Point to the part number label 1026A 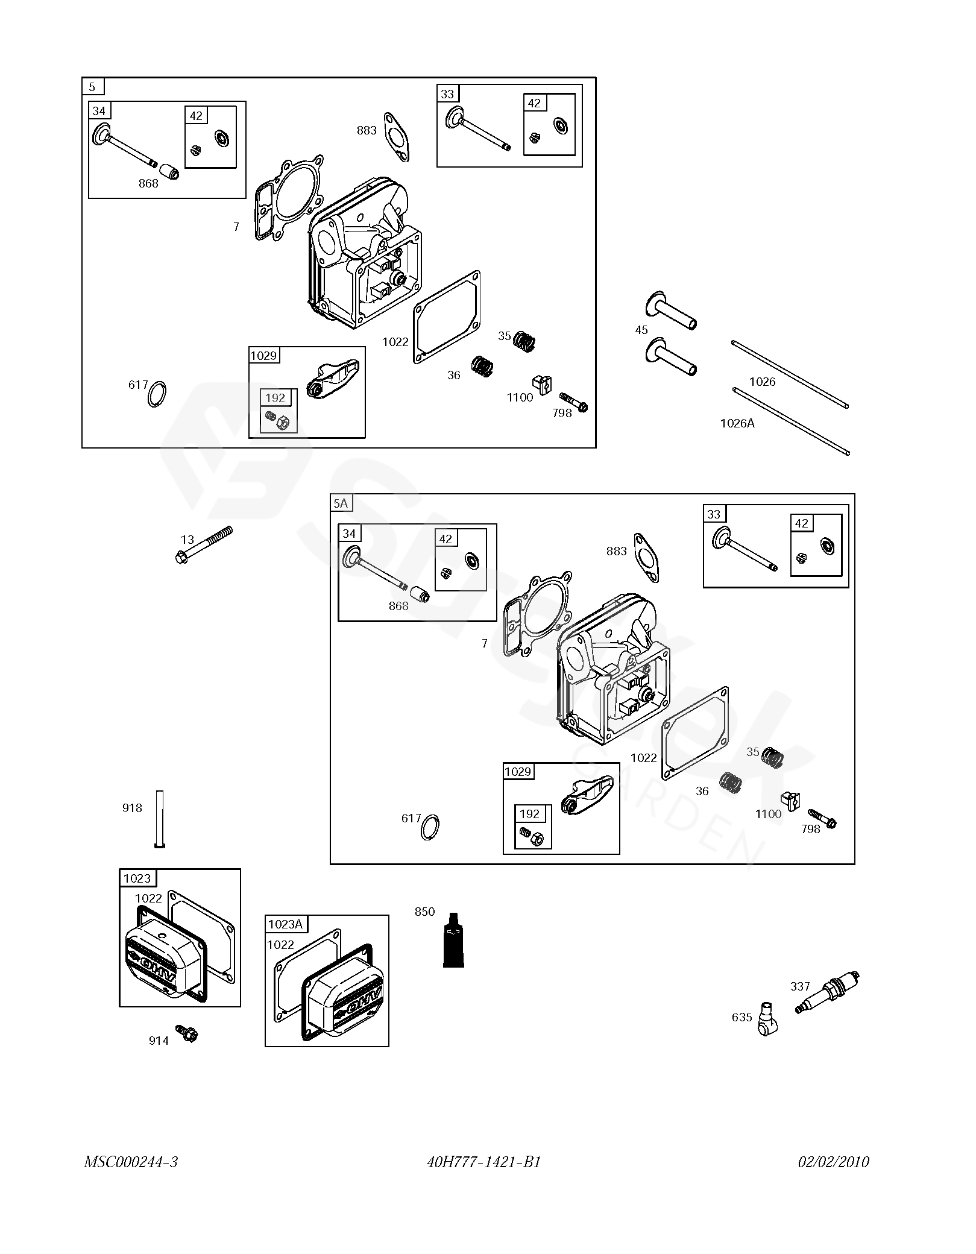[737, 423]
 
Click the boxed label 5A [341, 503]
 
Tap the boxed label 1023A [285, 924]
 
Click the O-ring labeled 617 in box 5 [157, 394]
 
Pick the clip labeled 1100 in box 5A [790, 800]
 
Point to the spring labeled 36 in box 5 [482, 366]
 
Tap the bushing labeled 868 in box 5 [172, 171]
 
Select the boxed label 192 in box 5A [529, 814]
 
